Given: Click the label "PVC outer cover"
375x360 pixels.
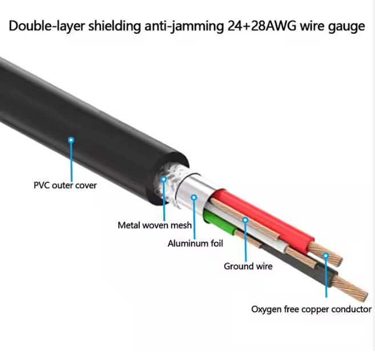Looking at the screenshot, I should [64, 185].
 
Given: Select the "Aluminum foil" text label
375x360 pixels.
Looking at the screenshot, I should [195, 243].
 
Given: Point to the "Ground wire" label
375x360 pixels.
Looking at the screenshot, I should [248, 266].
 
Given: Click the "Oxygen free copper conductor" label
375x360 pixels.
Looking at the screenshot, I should [311, 309].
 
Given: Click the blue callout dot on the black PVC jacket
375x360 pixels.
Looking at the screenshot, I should [71, 139].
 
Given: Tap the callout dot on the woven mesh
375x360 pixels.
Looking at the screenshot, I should [163, 179].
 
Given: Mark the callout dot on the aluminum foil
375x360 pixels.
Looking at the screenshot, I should [194, 198].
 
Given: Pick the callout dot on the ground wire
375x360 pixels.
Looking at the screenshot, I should [245, 219].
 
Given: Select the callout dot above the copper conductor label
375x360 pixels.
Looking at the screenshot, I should [325, 255].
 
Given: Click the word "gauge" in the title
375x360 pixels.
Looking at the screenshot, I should [345, 26].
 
